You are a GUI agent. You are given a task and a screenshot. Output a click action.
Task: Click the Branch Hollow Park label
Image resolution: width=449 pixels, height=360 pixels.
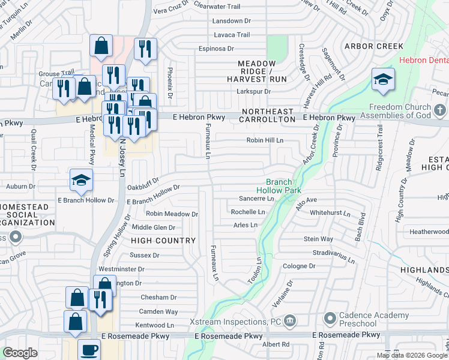click(x=279, y=186)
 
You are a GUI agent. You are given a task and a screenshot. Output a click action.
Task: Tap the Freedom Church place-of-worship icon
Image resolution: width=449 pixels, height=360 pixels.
click(x=440, y=110)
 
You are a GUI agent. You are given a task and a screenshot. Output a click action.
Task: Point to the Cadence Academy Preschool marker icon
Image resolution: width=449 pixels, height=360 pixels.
click(x=329, y=317)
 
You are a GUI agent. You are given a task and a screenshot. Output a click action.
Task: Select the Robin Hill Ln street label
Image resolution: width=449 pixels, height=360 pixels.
click(x=264, y=140)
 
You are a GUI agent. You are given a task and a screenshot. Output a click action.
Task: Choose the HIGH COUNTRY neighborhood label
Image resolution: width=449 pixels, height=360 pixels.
click(x=163, y=241)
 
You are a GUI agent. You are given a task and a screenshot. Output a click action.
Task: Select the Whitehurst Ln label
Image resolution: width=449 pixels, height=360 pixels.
click(x=330, y=213)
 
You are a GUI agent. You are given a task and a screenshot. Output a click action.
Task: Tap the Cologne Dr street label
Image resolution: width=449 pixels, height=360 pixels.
click(x=299, y=266)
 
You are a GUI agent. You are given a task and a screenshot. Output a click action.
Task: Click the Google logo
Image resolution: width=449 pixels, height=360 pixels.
click(x=20, y=353)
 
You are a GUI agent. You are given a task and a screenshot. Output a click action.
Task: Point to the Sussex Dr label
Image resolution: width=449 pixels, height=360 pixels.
click(x=144, y=255)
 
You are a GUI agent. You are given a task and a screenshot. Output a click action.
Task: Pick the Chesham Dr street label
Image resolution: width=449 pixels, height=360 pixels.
click(x=158, y=297)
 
